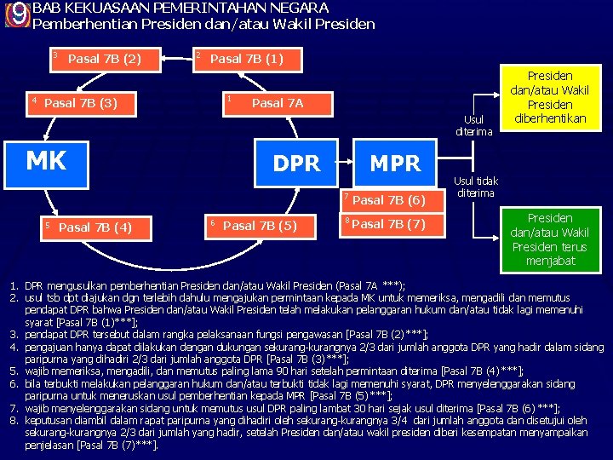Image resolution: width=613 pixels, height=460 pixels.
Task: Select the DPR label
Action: click(x=296, y=163)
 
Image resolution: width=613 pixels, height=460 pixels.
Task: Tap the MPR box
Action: click(x=394, y=163)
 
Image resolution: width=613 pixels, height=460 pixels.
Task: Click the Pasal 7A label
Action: click(x=278, y=103)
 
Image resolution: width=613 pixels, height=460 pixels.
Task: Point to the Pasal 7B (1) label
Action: click(x=246, y=59)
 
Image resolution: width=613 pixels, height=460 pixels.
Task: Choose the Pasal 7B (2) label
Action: click(x=104, y=59)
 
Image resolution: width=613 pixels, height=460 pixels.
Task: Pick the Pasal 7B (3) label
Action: click(x=81, y=103)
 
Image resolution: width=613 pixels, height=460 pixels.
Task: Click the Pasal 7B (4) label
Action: click(x=95, y=227)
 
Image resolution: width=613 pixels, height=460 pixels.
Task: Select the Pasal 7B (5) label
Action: click(x=260, y=225)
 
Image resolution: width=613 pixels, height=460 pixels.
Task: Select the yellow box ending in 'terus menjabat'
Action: click(x=550, y=239)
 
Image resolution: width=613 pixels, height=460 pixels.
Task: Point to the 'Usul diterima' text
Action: click(x=474, y=125)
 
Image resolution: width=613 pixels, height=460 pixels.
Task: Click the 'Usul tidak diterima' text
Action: click(x=476, y=187)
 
